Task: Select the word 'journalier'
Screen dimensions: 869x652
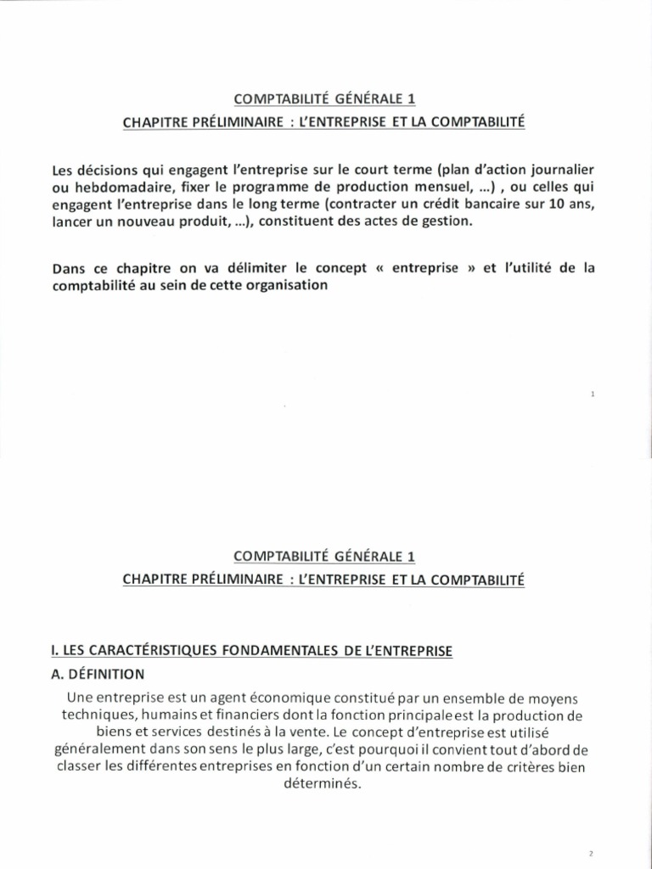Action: (x=565, y=169)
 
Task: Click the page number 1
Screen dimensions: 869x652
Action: (x=592, y=394)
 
